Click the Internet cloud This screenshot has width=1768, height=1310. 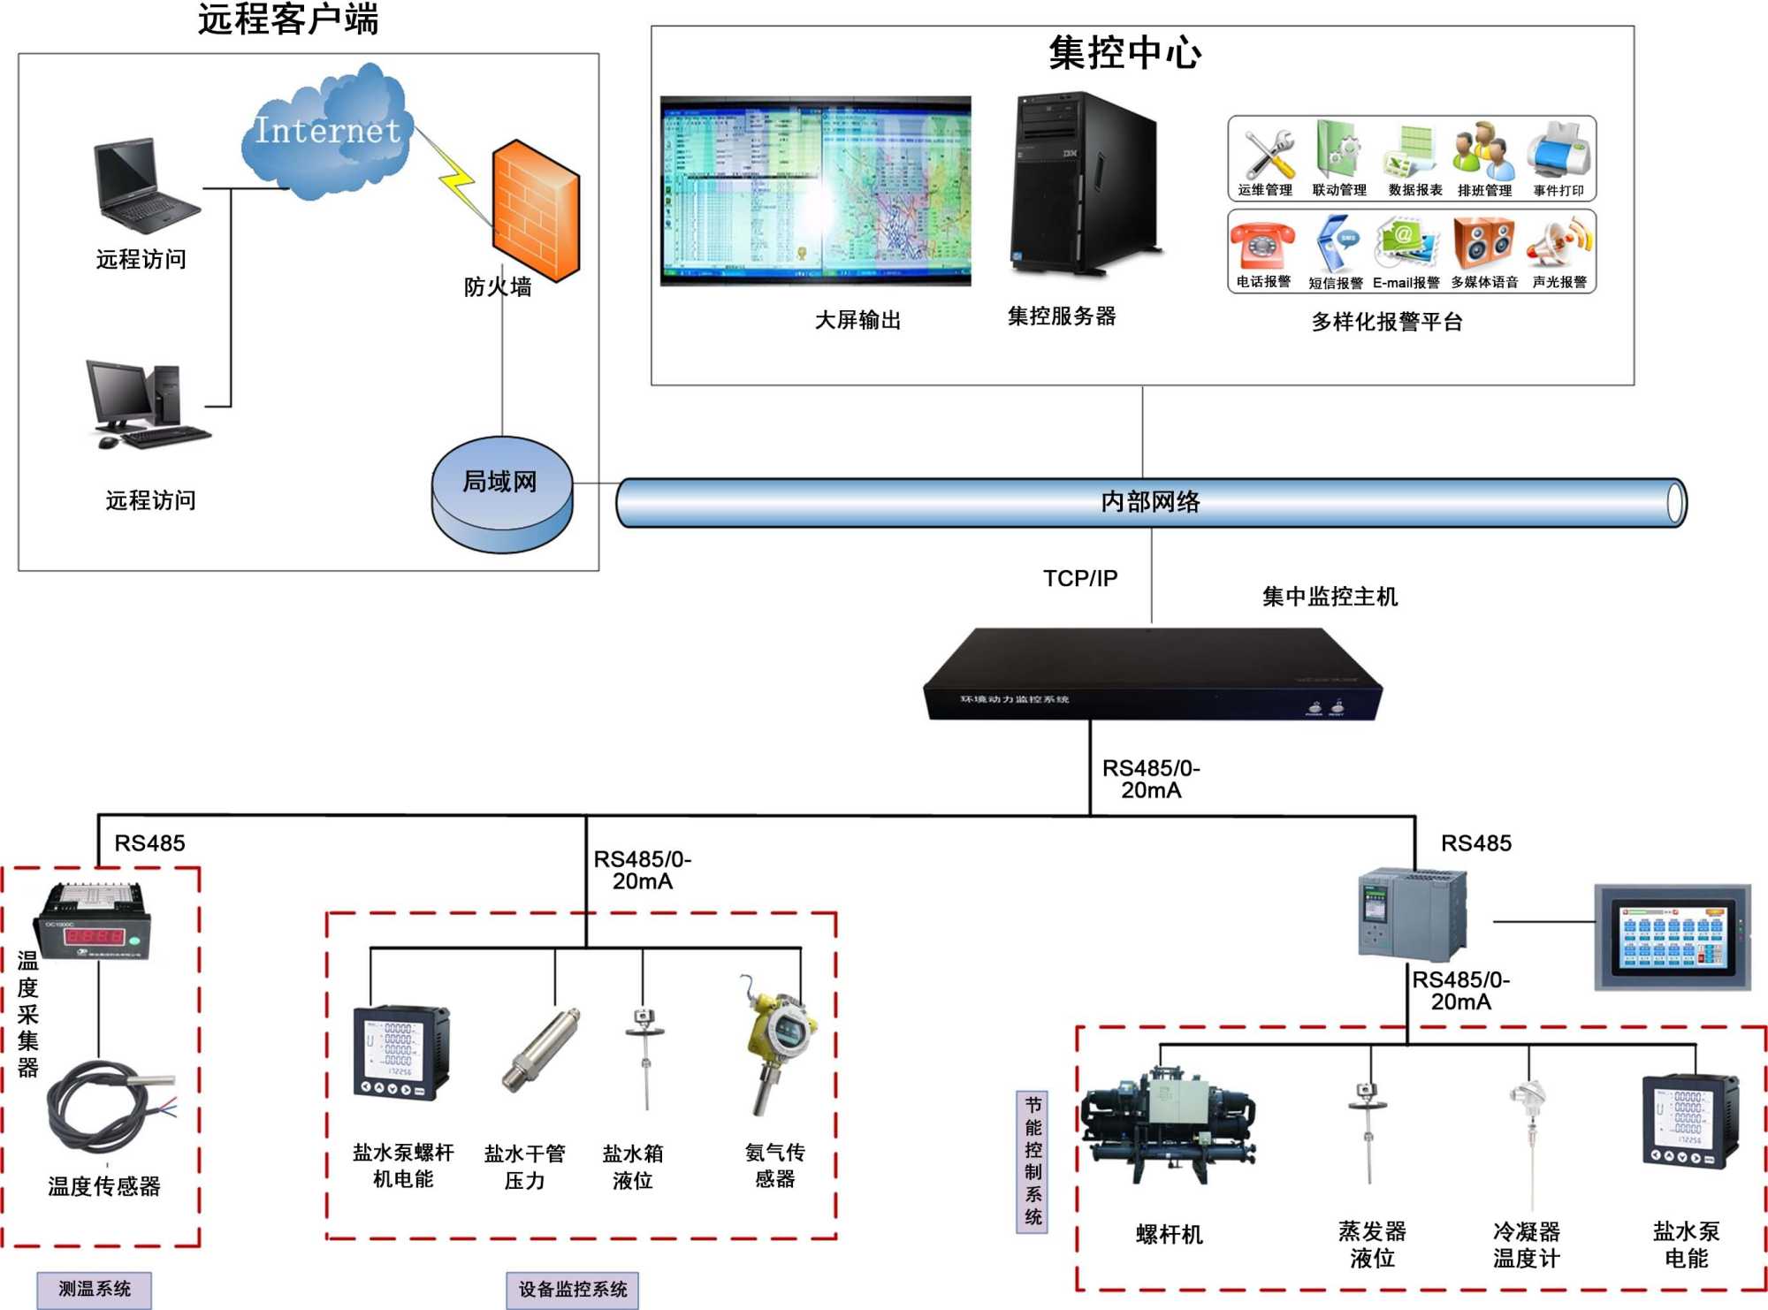click(327, 133)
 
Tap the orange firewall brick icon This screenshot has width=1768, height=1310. click(536, 209)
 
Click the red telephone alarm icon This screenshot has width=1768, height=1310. click(1263, 244)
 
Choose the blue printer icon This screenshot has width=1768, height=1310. click(1561, 150)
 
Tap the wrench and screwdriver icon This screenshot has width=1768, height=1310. click(1268, 154)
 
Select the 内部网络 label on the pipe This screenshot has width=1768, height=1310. click(1150, 502)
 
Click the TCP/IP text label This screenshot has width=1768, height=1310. click(1080, 578)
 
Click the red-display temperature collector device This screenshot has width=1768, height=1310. click(94, 922)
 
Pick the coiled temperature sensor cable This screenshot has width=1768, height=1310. click(106, 1105)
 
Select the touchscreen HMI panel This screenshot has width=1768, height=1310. click(1672, 937)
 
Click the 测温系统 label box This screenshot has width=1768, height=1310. click(95, 1289)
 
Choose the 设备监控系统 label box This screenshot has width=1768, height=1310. click(572, 1290)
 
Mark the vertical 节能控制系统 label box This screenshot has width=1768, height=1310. click(1033, 1161)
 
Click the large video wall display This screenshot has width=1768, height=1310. click(815, 190)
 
